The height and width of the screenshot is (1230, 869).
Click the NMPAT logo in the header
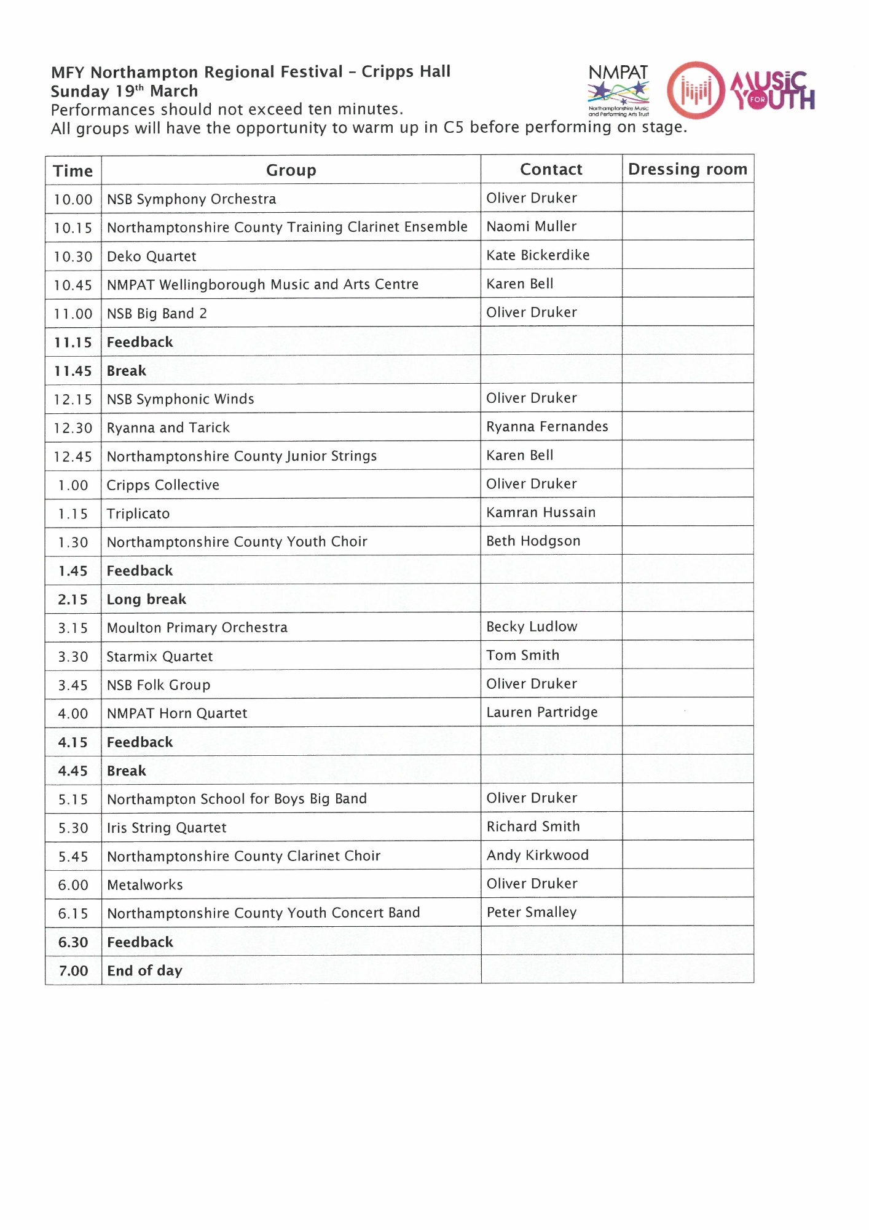(618, 90)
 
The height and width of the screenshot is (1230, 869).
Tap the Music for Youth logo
(741, 90)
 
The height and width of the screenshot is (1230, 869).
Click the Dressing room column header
(688, 169)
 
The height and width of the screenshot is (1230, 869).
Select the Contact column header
(551, 170)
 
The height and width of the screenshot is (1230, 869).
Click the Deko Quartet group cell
(152, 256)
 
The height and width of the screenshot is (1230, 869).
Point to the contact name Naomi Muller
(532, 227)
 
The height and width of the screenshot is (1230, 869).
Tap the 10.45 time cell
(73, 285)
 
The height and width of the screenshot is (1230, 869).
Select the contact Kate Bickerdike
(538, 255)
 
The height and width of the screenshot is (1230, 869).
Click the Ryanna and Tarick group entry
(168, 428)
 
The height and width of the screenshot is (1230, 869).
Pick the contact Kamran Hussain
(541, 513)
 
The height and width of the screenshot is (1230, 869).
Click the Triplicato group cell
(138, 514)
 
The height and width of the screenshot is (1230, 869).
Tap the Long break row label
(146, 600)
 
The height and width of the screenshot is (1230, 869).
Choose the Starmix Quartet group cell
(160, 657)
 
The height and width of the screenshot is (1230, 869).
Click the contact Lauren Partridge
(542, 713)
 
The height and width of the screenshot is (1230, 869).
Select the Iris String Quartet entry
(167, 828)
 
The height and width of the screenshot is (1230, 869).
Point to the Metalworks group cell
(145, 886)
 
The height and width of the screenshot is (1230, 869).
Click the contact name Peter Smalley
(532, 913)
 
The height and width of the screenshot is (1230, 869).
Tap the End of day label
(144, 971)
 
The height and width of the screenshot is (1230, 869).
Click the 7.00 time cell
(73, 971)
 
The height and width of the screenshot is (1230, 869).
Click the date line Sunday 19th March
(124, 92)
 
